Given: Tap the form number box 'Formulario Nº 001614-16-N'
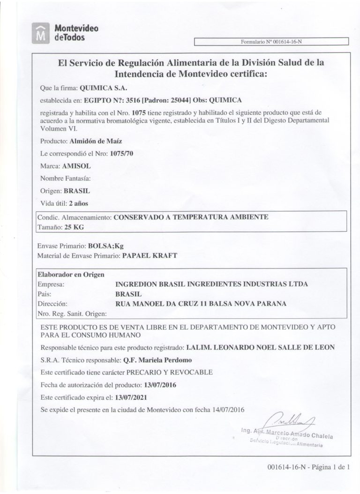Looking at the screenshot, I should click(271, 42).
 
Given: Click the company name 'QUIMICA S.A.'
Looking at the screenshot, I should click(104, 88).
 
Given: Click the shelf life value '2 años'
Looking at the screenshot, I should click(78, 203).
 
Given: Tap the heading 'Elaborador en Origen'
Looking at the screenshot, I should click(70, 275).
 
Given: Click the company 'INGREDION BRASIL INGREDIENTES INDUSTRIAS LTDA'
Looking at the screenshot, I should click(212, 284).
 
